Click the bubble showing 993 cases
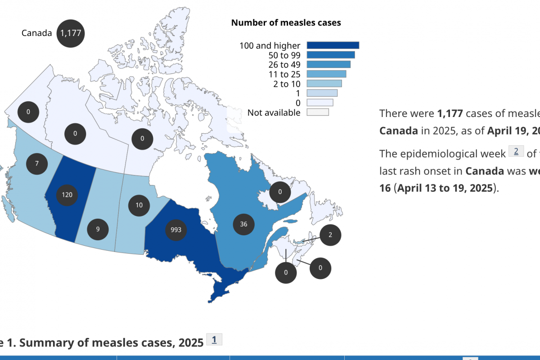(x=176, y=229)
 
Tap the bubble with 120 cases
(x=67, y=195)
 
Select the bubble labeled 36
(x=243, y=224)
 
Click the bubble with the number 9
(x=98, y=229)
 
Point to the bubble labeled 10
(x=139, y=205)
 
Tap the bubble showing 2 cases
(x=330, y=234)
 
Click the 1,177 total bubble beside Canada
(x=71, y=33)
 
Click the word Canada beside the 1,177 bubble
(x=36, y=33)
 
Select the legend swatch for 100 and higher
(x=333, y=45)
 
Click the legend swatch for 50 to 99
(x=330, y=55)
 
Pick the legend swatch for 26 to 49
(x=328, y=64)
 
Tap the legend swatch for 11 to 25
(x=326, y=74)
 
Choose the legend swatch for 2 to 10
(x=324, y=83)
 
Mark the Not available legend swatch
(x=318, y=112)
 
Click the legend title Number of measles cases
(x=286, y=22)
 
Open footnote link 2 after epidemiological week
(x=516, y=152)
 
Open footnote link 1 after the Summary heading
(x=214, y=340)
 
